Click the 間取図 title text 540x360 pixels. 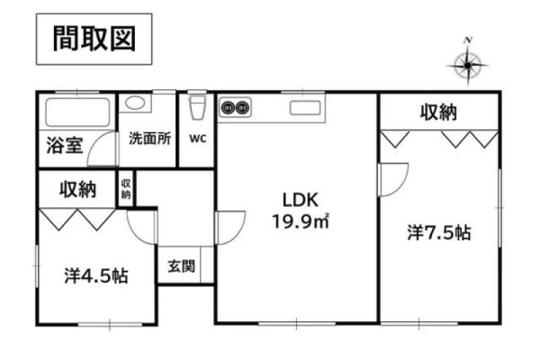coord(94,39)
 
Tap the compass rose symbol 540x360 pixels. coord(467,64)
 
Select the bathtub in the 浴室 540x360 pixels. coord(77,112)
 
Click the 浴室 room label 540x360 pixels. coord(65,146)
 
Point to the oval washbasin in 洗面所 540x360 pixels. coord(135,103)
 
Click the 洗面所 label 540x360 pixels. coord(149,139)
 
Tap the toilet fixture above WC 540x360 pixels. coord(198,107)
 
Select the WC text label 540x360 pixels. coord(198,139)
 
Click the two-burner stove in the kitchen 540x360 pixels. coord(235,108)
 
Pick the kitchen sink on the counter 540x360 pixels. coord(305,108)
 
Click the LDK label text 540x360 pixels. coord(301,200)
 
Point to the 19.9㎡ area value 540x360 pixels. coord(301,221)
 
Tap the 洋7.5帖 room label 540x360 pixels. coord(439,232)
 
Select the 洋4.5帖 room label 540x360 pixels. coord(96,275)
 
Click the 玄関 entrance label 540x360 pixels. coord(181,266)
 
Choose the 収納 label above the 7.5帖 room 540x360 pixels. coord(438,112)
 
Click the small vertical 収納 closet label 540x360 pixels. coord(126,189)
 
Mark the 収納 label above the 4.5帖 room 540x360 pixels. coord(77,189)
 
